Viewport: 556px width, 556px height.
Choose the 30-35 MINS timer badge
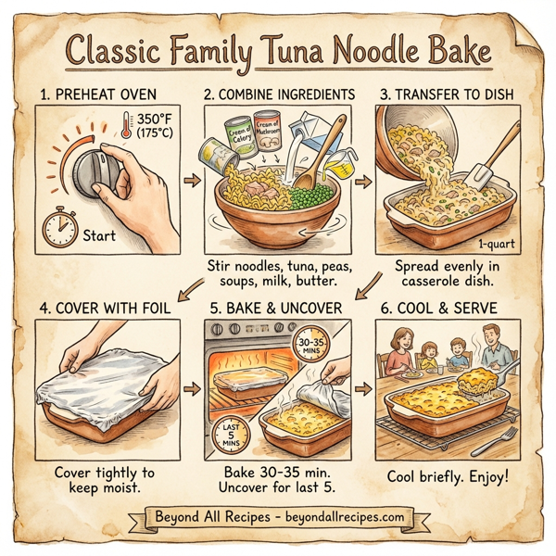(x=311, y=344)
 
